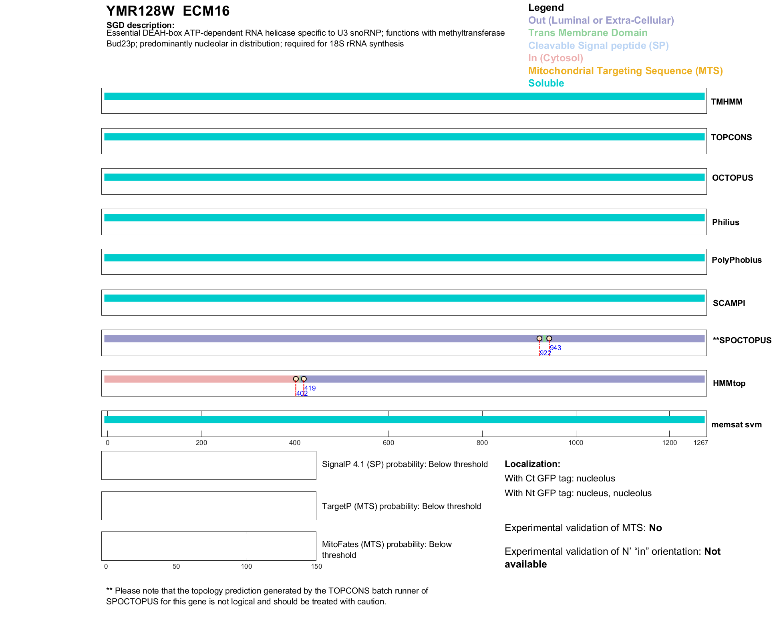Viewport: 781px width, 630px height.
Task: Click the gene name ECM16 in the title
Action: pos(206,11)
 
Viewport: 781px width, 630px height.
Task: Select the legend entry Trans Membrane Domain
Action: pos(588,33)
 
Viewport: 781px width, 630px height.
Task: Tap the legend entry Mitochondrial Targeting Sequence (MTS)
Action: pos(625,71)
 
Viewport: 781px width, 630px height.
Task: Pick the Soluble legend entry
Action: pos(546,83)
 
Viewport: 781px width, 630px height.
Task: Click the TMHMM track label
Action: pos(726,102)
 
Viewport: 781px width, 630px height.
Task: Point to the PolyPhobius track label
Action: pos(736,260)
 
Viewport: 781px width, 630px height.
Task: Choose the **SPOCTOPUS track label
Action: pos(742,340)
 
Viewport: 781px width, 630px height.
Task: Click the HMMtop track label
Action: pos(729,383)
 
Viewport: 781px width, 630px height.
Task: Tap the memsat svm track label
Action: pos(736,425)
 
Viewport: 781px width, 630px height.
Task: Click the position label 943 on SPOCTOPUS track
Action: pos(556,348)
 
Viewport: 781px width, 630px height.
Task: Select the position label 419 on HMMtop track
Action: pos(310,388)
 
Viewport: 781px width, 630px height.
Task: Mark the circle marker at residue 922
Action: pos(539,338)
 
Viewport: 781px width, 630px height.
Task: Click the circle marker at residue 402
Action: pos(296,379)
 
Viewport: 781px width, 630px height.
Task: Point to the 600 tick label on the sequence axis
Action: pos(388,443)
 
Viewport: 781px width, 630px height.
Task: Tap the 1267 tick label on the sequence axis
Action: pos(700,443)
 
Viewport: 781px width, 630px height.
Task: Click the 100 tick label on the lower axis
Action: pos(246,566)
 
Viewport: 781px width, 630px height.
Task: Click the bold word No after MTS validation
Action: pos(655,528)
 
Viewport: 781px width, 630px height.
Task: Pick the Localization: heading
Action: pos(532,464)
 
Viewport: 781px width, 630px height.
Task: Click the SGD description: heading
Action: pos(140,25)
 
